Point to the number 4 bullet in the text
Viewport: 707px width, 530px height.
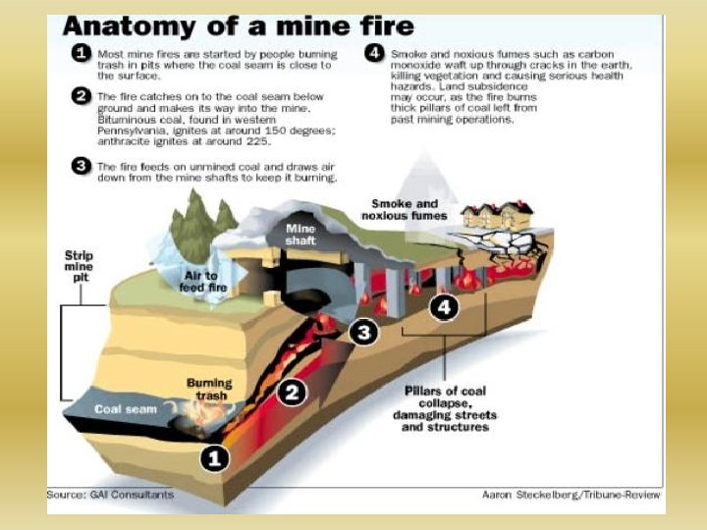tap(374, 53)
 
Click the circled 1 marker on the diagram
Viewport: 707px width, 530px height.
tap(213, 456)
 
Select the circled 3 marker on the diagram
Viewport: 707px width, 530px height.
tap(363, 333)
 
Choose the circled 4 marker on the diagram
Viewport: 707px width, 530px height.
tap(446, 307)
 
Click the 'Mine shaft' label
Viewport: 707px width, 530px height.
tap(300, 235)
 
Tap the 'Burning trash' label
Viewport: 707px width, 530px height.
tap(209, 389)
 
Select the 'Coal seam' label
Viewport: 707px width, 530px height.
tap(126, 408)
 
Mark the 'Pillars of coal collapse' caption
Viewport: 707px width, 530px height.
tap(446, 408)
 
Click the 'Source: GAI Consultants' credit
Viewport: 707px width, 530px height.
tap(110, 495)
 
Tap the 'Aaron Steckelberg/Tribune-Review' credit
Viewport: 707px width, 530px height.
tap(571, 496)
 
